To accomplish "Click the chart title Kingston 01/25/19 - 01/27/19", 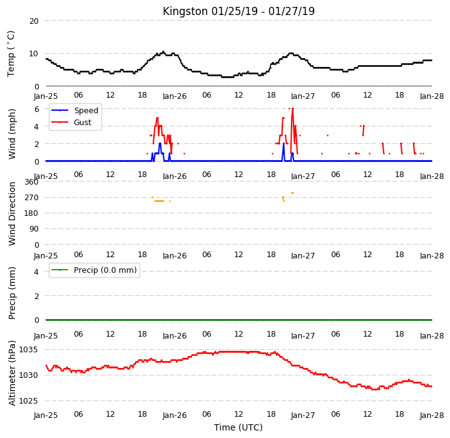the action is coord(238,11).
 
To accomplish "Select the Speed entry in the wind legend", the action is coord(74,110).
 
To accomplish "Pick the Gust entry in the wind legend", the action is coord(71,123).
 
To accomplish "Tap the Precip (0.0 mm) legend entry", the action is coord(94,270).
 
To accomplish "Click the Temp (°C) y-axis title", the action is coord(11,54).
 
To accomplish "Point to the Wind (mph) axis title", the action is coord(12,134).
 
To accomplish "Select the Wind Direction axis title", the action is coord(12,214).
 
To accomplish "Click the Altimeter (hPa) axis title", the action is coord(12,373).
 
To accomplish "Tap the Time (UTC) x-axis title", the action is coord(238,427).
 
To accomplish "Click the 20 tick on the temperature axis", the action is coord(34,21).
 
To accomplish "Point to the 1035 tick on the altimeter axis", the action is coord(28,350).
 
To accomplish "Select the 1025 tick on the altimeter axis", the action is coord(28,400).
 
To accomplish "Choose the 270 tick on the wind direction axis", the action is coord(31,198).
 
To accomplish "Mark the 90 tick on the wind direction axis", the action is coord(34,229).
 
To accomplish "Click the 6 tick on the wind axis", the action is coord(36,109).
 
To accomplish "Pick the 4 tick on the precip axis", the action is coord(36,272).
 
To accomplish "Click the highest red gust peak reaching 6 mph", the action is coord(292,109).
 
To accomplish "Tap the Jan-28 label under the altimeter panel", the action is coord(432,415).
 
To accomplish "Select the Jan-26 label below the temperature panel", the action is coord(175,96).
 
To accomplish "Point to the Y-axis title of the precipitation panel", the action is coord(12,293).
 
